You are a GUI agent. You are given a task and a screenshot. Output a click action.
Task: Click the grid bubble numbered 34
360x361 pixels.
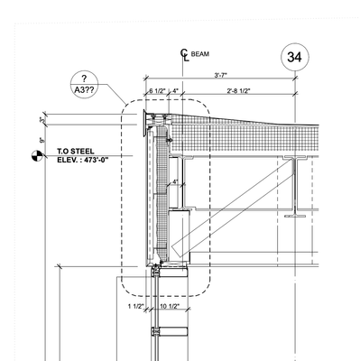(294, 57)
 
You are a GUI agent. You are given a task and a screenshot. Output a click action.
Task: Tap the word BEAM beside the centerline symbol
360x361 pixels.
(200, 54)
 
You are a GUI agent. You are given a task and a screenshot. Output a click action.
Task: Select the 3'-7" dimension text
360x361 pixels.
(220, 75)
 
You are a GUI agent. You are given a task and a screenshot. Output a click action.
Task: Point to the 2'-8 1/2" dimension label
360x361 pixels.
(238, 90)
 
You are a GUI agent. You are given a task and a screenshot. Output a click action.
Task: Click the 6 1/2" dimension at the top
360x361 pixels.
(157, 90)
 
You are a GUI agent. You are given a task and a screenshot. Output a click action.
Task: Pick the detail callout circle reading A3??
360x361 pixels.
(84, 85)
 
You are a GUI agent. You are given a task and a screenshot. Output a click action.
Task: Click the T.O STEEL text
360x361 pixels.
(76, 152)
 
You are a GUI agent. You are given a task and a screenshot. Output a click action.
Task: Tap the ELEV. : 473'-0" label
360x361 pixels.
(83, 160)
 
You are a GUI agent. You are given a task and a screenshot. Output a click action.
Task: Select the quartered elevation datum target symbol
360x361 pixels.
(37, 155)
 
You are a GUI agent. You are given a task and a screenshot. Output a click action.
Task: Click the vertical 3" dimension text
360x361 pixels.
(42, 120)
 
